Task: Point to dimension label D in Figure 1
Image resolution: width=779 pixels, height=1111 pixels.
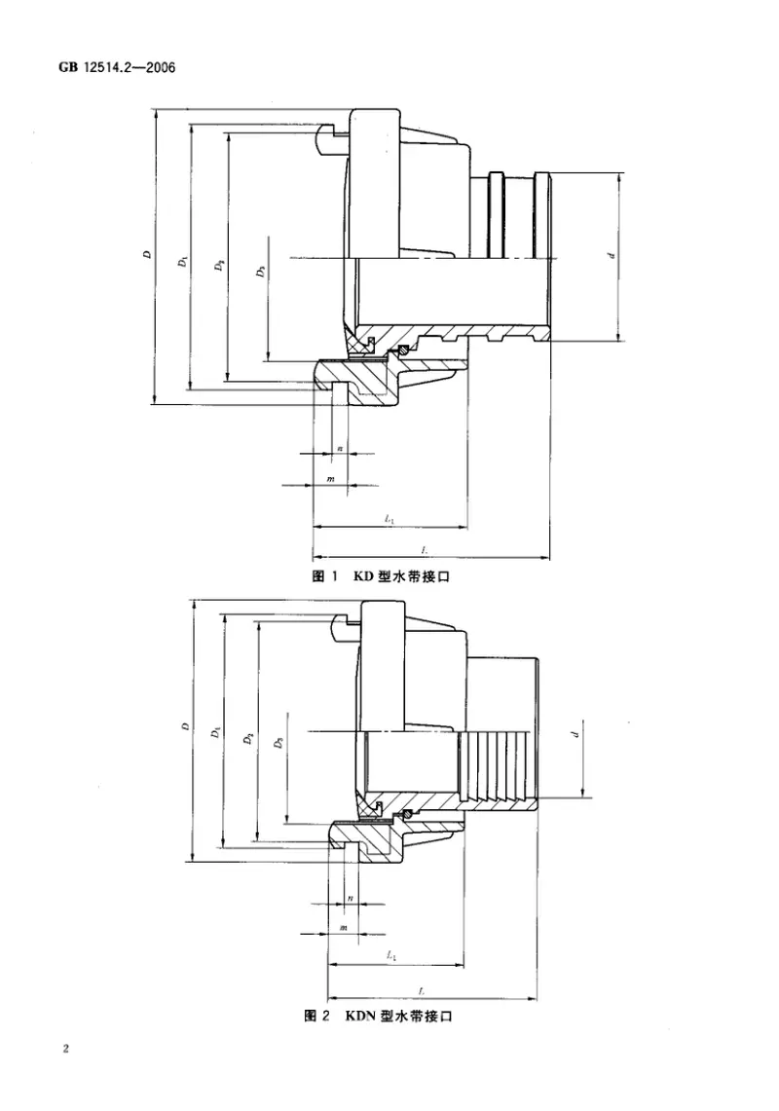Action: [x=146, y=255]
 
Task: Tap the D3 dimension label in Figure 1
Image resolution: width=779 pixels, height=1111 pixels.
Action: [x=260, y=273]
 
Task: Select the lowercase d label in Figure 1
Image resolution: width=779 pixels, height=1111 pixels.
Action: [x=611, y=256]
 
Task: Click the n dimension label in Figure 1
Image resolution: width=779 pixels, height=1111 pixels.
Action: [x=339, y=447]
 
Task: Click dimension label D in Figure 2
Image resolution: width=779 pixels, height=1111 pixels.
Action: [x=184, y=726]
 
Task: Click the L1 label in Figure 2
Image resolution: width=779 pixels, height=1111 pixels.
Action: [x=391, y=957]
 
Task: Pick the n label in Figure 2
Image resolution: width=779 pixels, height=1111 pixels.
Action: [x=350, y=897]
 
